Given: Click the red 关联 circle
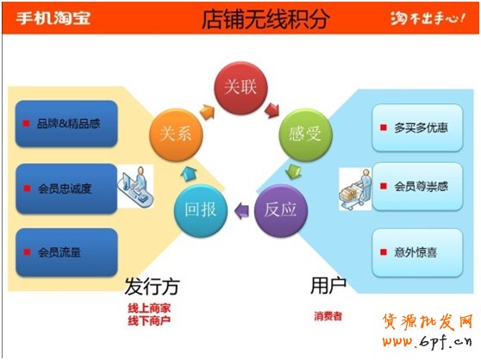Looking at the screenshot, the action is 240,88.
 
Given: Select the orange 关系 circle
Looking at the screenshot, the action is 176,135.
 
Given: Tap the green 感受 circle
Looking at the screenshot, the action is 305,135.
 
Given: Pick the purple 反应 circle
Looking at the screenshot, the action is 281,210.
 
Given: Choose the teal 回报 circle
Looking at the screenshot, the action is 201,210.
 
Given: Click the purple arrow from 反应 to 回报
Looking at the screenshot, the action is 241,210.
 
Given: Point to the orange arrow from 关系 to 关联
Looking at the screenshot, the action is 207,112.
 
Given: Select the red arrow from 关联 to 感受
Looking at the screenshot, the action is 272,110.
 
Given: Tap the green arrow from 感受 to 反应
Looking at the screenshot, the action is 293,172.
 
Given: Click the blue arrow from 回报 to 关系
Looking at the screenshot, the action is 189,174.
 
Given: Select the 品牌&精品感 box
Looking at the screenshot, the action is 66,123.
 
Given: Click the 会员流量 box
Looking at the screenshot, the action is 66,252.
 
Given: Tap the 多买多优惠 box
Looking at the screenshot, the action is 417,127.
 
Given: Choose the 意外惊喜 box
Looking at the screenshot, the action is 417,252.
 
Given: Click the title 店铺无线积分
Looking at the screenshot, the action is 265,19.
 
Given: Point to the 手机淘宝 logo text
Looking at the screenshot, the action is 53,18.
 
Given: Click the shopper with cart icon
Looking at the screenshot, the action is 355,189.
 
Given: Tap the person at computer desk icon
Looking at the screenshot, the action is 135,186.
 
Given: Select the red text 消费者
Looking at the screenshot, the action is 328,316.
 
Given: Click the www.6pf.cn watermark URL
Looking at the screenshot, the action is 427,341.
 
